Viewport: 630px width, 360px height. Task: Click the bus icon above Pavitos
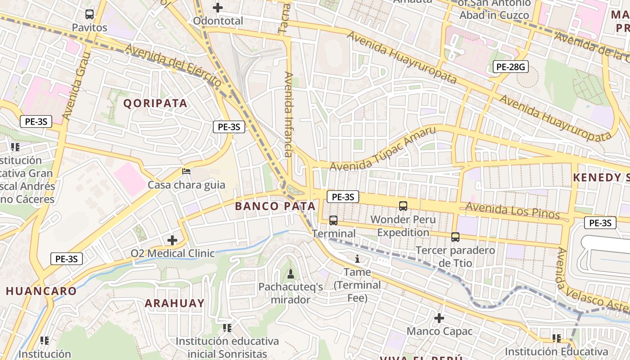(90, 14)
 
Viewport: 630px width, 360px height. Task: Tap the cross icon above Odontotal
(218, 8)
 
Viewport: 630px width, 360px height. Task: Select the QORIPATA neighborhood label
(155, 103)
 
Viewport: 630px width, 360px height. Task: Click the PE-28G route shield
(510, 67)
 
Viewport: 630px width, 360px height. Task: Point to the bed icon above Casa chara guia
(186, 171)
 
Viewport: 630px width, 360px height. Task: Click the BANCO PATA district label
(275, 206)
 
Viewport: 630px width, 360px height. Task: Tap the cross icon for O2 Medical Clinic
(172, 240)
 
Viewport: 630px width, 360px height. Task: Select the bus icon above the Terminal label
(333, 220)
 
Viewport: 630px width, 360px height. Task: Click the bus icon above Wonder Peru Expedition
(403, 206)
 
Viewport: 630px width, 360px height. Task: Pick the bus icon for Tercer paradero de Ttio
(455, 237)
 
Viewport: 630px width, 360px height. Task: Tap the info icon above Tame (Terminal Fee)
(357, 259)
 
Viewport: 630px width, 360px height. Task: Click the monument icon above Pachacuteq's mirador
(291, 274)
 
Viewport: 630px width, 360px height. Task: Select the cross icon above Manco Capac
(439, 318)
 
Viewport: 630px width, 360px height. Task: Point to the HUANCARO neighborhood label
(41, 291)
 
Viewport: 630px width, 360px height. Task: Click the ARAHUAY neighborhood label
(175, 303)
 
